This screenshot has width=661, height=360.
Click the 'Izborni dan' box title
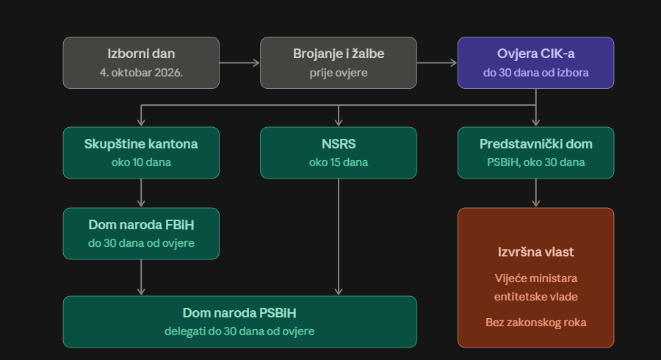click(141, 54)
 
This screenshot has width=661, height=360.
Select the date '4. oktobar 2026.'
click(141, 73)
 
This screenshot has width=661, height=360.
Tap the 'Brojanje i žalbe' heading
click(339, 54)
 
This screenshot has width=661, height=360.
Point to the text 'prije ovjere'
click(339, 73)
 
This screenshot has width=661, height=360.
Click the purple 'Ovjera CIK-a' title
click(536, 54)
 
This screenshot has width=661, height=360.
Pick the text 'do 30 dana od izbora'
click(536, 73)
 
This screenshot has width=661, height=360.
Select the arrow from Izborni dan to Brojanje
click(239, 62)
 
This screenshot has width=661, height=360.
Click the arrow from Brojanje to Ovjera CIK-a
click(437, 62)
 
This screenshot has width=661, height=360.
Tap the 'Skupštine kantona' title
click(141, 144)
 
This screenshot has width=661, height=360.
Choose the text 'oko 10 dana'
click(141, 162)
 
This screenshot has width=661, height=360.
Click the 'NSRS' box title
click(339, 144)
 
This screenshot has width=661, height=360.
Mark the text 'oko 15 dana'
click(339, 162)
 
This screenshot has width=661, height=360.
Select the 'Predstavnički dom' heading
click(536, 144)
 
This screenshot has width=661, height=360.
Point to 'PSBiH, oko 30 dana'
click(536, 162)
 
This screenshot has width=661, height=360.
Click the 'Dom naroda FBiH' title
click(141, 225)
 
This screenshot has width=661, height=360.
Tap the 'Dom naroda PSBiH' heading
click(239, 313)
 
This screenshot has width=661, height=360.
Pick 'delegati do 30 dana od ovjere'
click(239, 331)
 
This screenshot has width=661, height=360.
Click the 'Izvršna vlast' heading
click(536, 252)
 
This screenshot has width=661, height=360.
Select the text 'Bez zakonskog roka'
click(536, 323)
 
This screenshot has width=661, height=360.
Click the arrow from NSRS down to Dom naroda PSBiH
click(339, 237)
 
